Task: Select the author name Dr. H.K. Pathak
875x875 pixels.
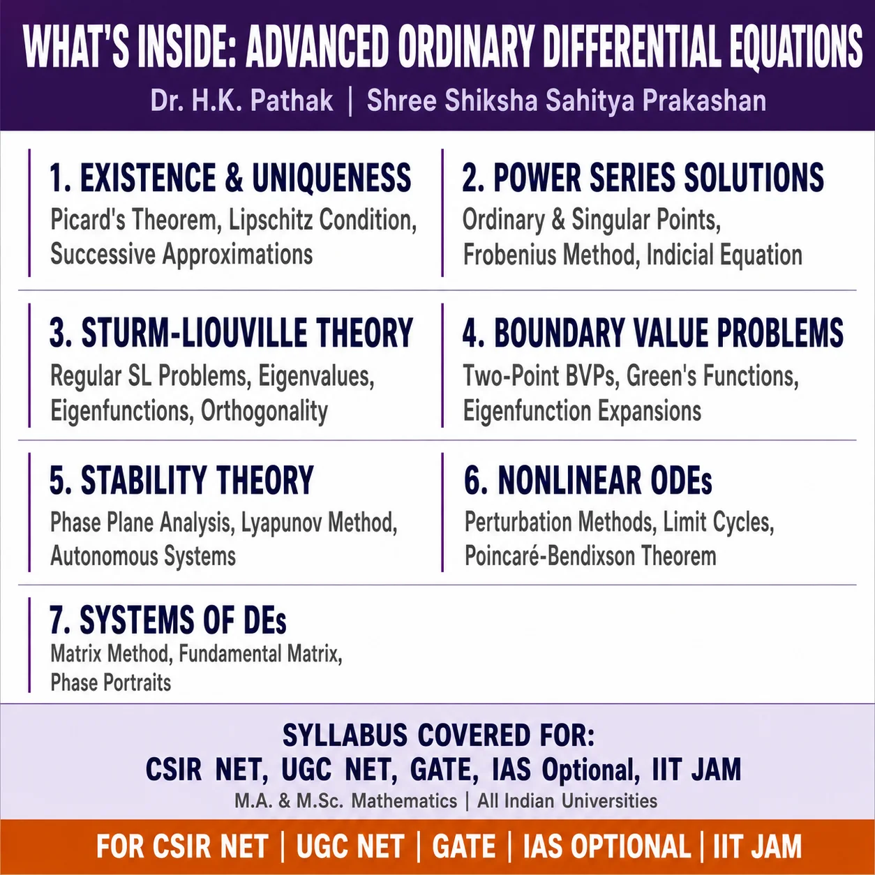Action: tap(241, 100)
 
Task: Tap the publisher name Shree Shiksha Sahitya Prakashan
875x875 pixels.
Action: tap(566, 100)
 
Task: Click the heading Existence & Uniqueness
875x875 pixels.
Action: tap(230, 177)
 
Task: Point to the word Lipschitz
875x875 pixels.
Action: tap(270, 220)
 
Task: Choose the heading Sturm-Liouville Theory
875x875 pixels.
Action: tap(231, 332)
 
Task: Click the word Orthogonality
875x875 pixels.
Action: tap(264, 411)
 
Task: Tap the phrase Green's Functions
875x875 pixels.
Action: tap(712, 376)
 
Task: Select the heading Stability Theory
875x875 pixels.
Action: tap(181, 480)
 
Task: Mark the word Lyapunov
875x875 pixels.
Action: tap(281, 523)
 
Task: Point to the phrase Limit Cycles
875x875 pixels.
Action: tap(718, 522)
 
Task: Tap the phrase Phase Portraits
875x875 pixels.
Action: tap(111, 682)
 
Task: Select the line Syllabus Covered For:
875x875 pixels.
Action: tap(438, 735)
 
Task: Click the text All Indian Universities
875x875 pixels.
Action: tap(567, 800)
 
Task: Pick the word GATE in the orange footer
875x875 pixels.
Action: tap(463, 846)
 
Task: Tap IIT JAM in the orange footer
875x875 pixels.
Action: tap(758, 846)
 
